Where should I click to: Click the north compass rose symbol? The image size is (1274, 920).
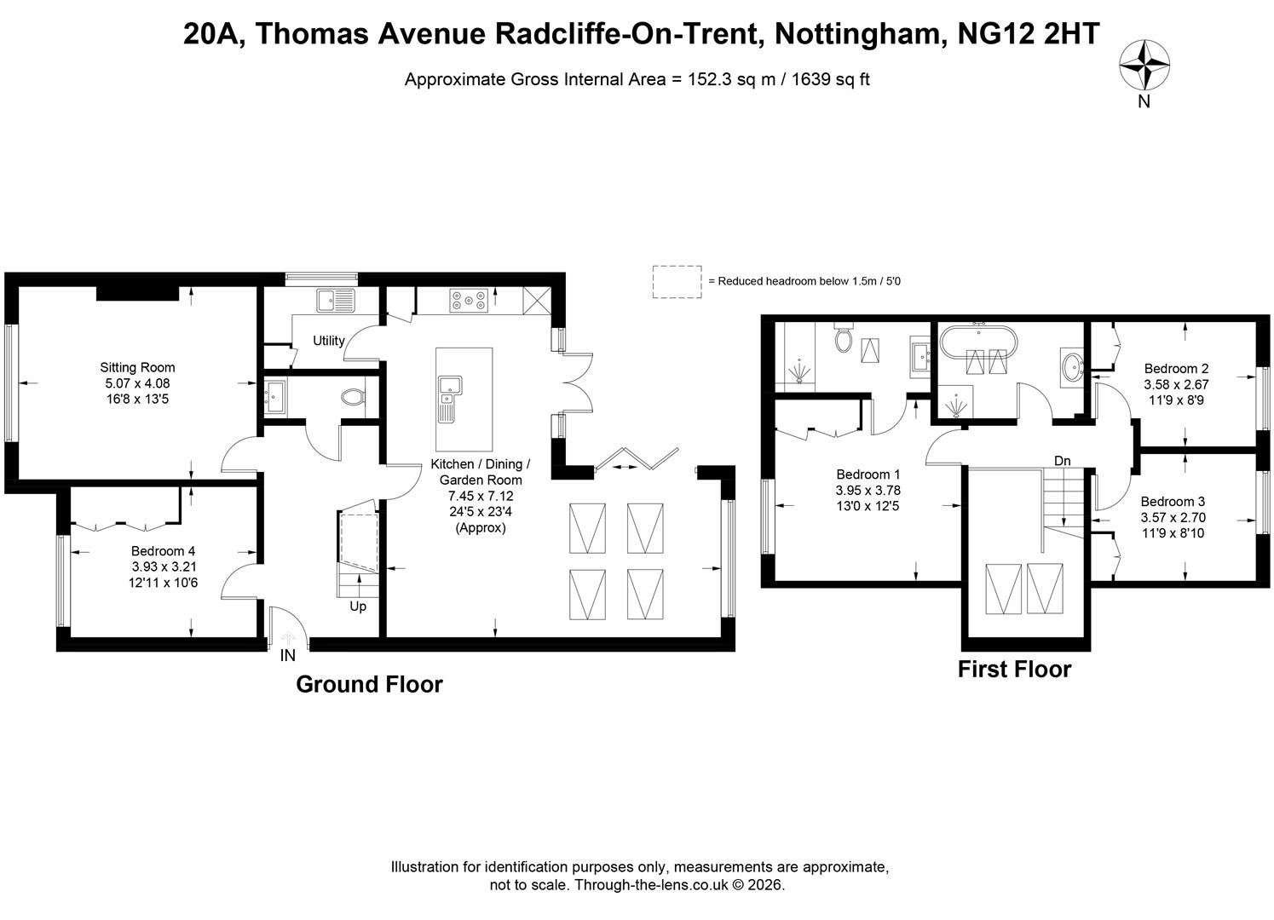pos(1144,65)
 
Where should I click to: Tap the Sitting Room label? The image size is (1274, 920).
pos(138,367)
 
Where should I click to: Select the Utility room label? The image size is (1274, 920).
pos(329,341)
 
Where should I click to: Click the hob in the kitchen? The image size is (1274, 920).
pos(469,301)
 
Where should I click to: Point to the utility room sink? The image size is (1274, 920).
pos(336,301)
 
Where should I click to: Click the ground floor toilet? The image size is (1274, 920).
pos(353,397)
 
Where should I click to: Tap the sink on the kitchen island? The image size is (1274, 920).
pos(450,393)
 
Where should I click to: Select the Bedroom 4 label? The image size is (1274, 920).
pos(164,551)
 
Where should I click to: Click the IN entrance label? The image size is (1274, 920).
pos(288,656)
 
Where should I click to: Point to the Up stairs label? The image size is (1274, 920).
pos(358,607)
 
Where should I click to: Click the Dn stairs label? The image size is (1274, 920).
pos(1063,461)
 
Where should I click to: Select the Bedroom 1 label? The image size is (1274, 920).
pos(868,474)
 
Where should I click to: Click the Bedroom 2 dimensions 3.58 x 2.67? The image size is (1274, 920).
pos(1176,384)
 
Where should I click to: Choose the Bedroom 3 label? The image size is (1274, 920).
pos(1173,502)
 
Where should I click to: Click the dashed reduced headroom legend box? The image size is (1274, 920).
pos(677,282)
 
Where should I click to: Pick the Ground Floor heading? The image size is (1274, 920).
pos(369,685)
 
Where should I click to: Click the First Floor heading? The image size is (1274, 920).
pos(1015,670)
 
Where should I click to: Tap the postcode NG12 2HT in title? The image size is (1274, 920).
pos(1029,33)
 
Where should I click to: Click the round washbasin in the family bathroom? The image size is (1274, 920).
pos(1073,367)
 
